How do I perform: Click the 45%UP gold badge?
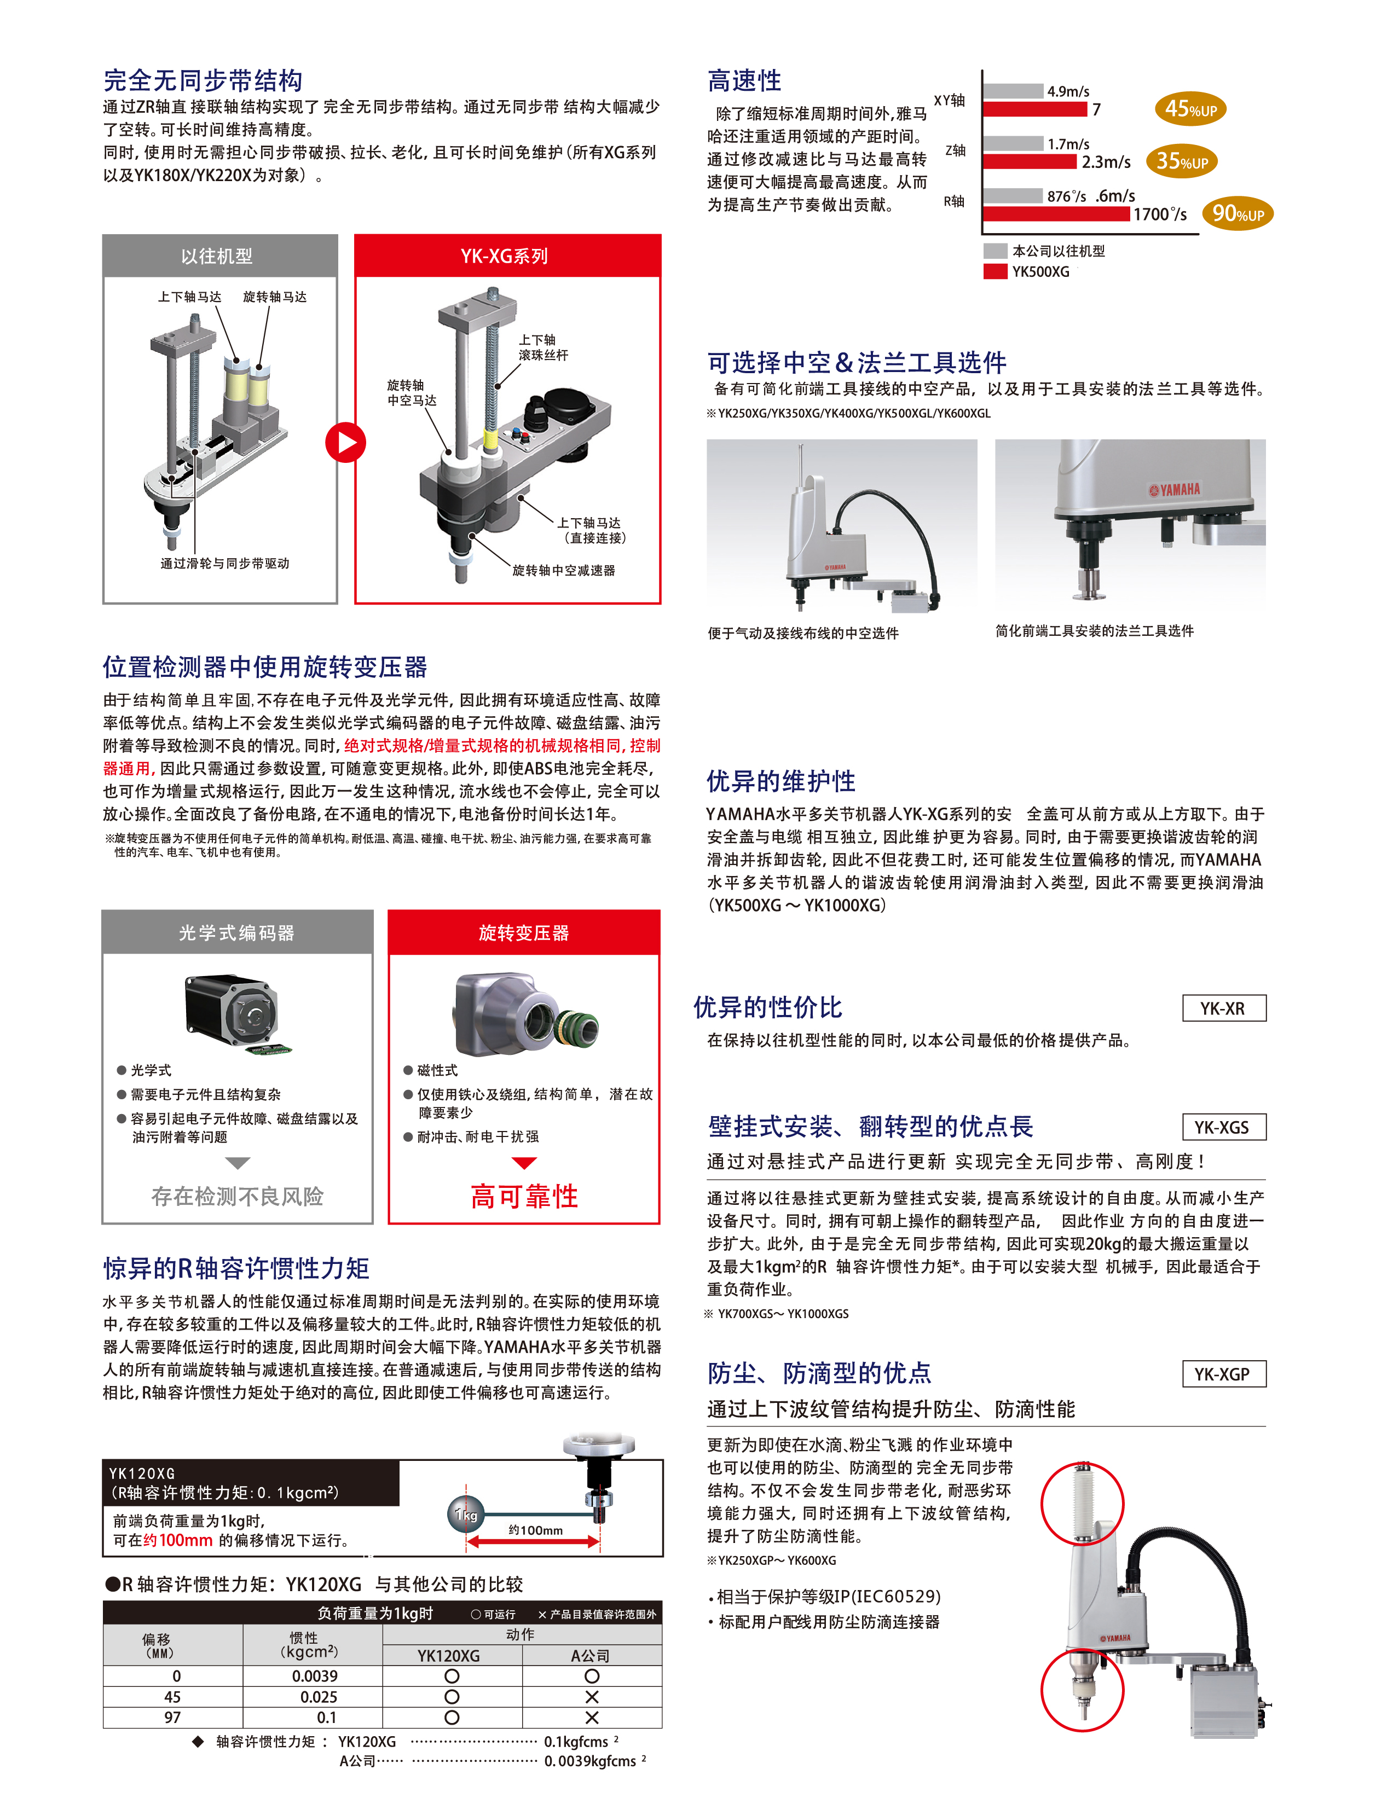coord(1190,109)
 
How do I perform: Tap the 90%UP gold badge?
coord(1238,213)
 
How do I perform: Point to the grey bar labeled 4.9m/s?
coord(1013,91)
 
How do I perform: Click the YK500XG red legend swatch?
coord(995,272)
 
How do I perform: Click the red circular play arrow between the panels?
coord(345,442)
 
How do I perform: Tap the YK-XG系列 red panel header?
coord(507,256)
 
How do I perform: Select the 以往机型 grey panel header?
coord(219,256)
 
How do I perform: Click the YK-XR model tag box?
coord(1224,1008)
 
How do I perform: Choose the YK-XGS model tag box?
coord(1224,1127)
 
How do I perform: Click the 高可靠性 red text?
coord(524,1196)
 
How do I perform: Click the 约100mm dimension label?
coord(536,1530)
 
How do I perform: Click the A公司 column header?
coord(591,1655)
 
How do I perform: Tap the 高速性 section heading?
coord(744,81)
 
